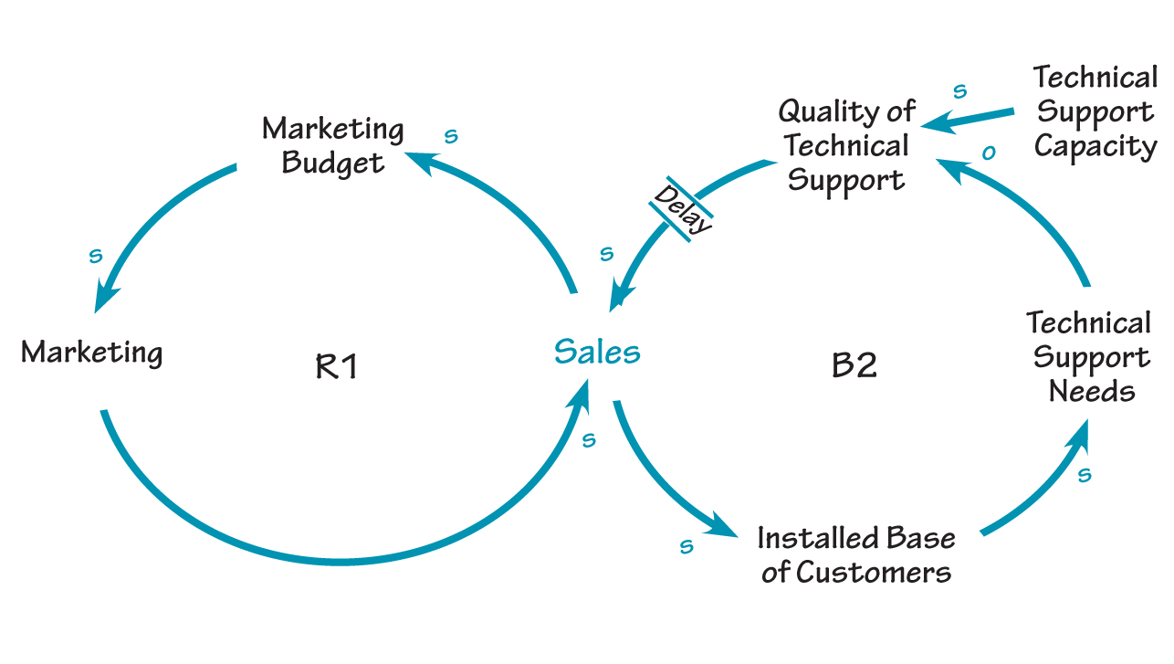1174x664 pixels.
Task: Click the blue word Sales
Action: (597, 352)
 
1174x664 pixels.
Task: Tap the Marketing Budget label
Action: (333, 145)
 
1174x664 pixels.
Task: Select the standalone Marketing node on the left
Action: (91, 352)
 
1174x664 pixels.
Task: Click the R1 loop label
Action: (337, 366)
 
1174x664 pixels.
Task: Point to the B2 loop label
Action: (854, 365)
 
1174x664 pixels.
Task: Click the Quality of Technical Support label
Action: (846, 146)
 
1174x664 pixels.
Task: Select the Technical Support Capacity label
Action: (1095, 111)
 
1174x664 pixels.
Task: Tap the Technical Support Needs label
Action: (1088, 357)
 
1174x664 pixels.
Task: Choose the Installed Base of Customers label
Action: (856, 554)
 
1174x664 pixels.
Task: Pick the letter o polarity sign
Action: (987, 153)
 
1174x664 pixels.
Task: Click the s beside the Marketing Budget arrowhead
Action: (450, 137)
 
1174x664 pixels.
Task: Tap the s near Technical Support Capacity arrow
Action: (959, 91)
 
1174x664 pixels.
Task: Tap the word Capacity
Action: (1095, 146)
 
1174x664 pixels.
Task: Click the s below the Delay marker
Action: (606, 254)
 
